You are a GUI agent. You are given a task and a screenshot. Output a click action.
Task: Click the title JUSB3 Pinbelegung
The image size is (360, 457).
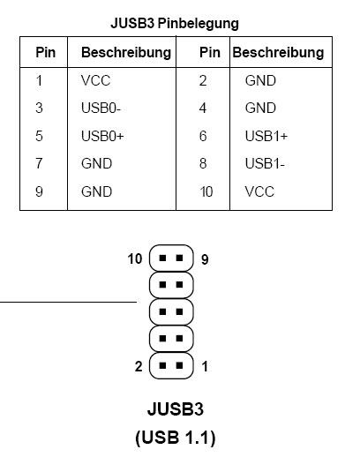(x=175, y=24)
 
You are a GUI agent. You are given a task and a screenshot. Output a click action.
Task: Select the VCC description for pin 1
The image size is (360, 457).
(x=96, y=80)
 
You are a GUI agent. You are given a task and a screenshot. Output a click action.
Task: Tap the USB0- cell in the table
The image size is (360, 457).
(x=101, y=108)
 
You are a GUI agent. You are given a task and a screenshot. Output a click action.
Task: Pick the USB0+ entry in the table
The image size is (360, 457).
(x=102, y=136)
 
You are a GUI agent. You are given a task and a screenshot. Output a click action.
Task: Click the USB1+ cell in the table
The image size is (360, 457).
(x=266, y=136)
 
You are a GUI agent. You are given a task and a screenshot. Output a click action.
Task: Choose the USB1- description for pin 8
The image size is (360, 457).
(x=265, y=163)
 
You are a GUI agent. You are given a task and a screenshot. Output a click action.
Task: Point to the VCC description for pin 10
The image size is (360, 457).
(x=259, y=191)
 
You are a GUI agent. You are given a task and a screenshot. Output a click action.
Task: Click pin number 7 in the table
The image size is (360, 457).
(x=39, y=163)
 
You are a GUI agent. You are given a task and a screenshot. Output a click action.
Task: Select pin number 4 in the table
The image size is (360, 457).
(x=203, y=108)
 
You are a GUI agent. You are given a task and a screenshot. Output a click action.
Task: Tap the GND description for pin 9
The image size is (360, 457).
(x=96, y=191)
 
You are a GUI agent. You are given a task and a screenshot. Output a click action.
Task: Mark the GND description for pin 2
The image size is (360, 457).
(x=260, y=80)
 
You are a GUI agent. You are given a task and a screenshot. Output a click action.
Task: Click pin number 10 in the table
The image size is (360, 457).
(x=206, y=191)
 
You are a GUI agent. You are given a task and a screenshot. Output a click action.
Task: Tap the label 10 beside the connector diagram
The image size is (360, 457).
(x=135, y=258)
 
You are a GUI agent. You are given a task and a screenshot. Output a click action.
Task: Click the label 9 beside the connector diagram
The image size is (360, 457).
(x=205, y=259)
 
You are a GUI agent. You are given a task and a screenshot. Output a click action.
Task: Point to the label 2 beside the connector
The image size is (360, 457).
(x=139, y=366)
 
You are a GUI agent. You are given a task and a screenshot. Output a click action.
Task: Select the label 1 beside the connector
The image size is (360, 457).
(x=205, y=366)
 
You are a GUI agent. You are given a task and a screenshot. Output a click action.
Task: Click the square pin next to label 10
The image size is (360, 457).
(x=162, y=258)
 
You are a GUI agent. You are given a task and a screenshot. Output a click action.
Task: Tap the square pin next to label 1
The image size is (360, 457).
(x=179, y=365)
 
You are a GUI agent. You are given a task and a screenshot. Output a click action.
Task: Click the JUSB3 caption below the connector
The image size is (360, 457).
(x=176, y=409)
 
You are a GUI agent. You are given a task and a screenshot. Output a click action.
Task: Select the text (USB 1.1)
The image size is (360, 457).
(x=176, y=438)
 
